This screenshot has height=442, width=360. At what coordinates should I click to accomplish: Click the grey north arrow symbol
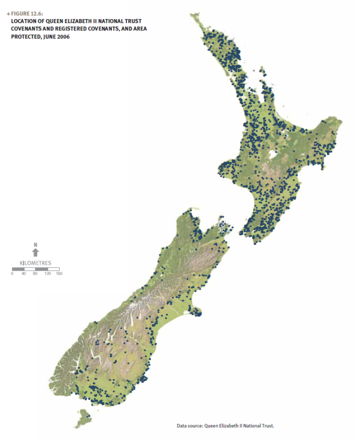(x=35, y=253)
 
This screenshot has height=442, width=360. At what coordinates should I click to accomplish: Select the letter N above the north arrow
(x=35, y=245)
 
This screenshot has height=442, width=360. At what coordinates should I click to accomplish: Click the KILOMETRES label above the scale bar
(x=35, y=263)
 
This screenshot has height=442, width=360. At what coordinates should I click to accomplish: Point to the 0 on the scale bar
(x=12, y=274)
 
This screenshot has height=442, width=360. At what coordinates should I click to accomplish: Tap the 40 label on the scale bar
(x=24, y=274)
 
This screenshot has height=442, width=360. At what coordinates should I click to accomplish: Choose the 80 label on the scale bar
(x=35, y=274)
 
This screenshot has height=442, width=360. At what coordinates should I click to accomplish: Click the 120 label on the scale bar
(x=47, y=274)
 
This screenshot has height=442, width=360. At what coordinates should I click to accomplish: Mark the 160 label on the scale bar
(x=59, y=274)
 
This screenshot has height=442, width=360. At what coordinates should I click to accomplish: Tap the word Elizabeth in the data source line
(x=229, y=426)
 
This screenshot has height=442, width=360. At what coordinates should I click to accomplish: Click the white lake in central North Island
(x=273, y=155)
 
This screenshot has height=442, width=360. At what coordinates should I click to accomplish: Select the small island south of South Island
(x=82, y=418)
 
